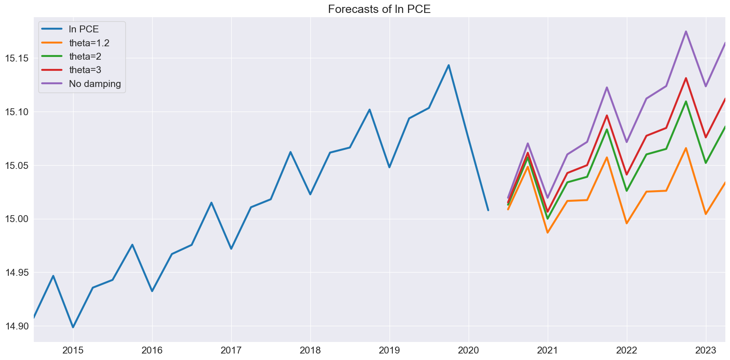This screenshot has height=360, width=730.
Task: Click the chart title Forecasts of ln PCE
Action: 379,9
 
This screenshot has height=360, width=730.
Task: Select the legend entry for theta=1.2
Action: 75,43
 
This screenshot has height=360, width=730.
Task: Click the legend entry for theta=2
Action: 71,56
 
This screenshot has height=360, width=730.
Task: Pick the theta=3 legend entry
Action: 71,70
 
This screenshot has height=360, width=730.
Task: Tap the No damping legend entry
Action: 81,84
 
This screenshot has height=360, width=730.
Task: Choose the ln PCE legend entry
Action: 70,29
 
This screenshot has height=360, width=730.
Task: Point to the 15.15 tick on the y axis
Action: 17,58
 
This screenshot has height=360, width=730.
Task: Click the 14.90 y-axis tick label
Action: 17,326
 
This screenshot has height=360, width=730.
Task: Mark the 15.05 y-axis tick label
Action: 17,165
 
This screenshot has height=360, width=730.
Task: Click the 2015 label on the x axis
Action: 73,351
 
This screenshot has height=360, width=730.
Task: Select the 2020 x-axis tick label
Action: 469,351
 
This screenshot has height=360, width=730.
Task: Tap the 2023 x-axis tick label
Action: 706,351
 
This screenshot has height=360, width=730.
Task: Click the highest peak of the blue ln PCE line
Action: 449,65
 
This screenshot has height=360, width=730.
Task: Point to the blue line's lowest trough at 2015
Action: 73,327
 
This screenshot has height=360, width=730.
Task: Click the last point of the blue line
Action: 488,210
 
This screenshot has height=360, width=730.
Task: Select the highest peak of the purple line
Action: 686,31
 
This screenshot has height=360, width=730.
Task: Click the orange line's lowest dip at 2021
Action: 548,232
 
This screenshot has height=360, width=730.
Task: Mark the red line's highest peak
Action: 686,78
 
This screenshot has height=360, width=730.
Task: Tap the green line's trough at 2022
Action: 627,191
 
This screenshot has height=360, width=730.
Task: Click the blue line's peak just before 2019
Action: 370,110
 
